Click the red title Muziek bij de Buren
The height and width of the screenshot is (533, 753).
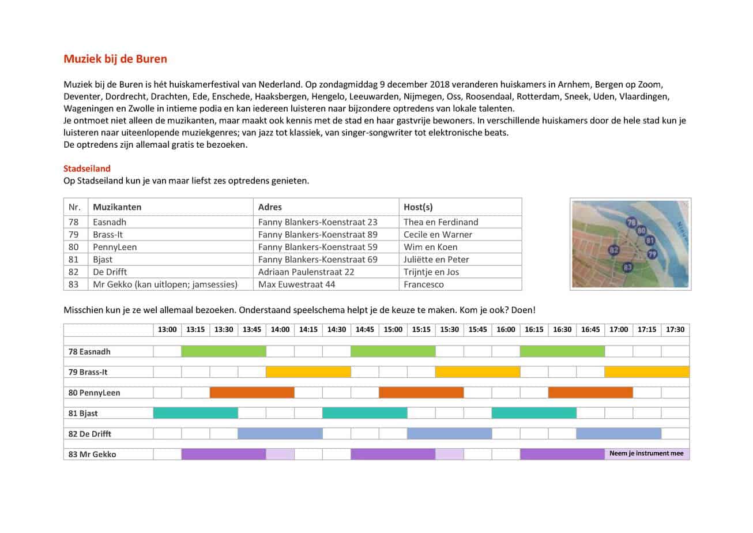(115, 59)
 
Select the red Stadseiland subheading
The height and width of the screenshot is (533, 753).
(86, 168)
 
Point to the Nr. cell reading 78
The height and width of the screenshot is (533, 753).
(73, 222)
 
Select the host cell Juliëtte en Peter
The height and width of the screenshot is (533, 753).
(436, 260)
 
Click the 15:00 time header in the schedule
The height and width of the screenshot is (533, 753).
(393, 329)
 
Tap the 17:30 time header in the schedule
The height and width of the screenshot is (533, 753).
(675, 329)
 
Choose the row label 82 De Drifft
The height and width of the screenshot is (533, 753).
(90, 434)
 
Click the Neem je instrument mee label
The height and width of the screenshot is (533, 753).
(646, 454)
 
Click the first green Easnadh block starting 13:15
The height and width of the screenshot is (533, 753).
(224, 351)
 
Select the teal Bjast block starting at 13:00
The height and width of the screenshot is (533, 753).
(195, 413)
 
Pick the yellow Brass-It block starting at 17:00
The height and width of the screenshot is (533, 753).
(646, 372)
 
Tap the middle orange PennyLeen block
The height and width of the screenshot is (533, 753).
(421, 393)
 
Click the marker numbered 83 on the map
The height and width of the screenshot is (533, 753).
(628, 267)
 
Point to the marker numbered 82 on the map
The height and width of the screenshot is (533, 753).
(613, 250)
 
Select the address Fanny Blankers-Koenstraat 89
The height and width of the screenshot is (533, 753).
(318, 235)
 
